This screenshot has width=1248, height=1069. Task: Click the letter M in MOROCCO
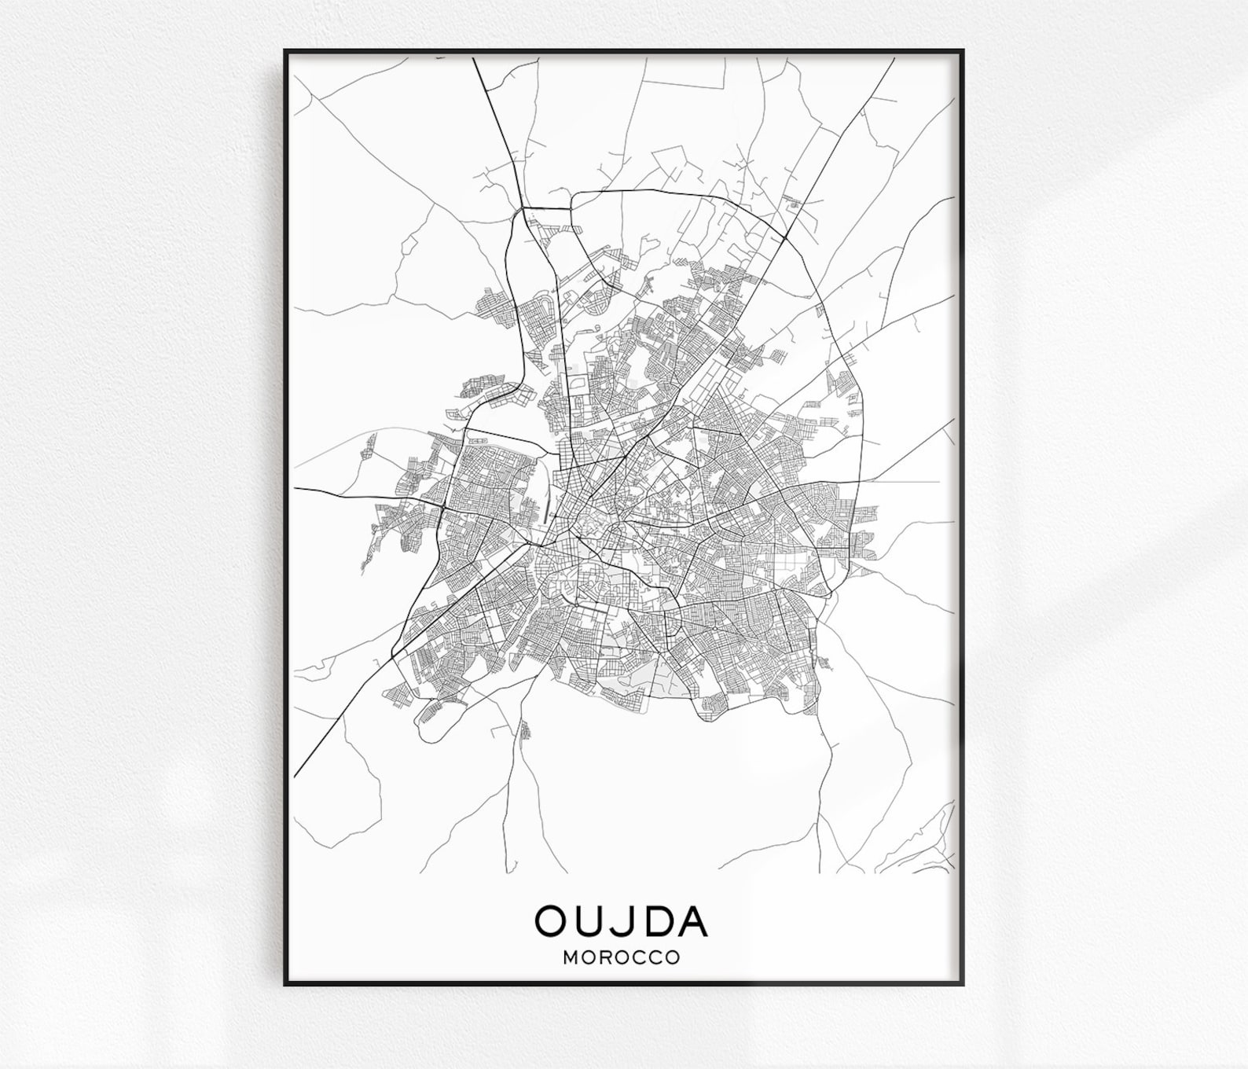pyautogui.click(x=571, y=958)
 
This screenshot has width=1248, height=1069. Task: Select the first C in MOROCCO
pyautogui.click(x=638, y=958)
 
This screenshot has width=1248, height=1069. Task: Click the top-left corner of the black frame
pyautogui.click(x=285, y=50)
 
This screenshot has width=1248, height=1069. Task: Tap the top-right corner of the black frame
pyautogui.click(x=963, y=50)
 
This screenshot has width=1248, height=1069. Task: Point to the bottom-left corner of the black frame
pyautogui.click(x=285, y=985)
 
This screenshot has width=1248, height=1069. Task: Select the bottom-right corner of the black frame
pyautogui.click(x=963, y=985)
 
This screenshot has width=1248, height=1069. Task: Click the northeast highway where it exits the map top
pyautogui.click(x=894, y=60)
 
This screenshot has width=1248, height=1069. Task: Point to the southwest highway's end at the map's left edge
pyautogui.click(x=295, y=775)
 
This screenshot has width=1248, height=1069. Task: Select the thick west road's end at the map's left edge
pyautogui.click(x=295, y=488)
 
